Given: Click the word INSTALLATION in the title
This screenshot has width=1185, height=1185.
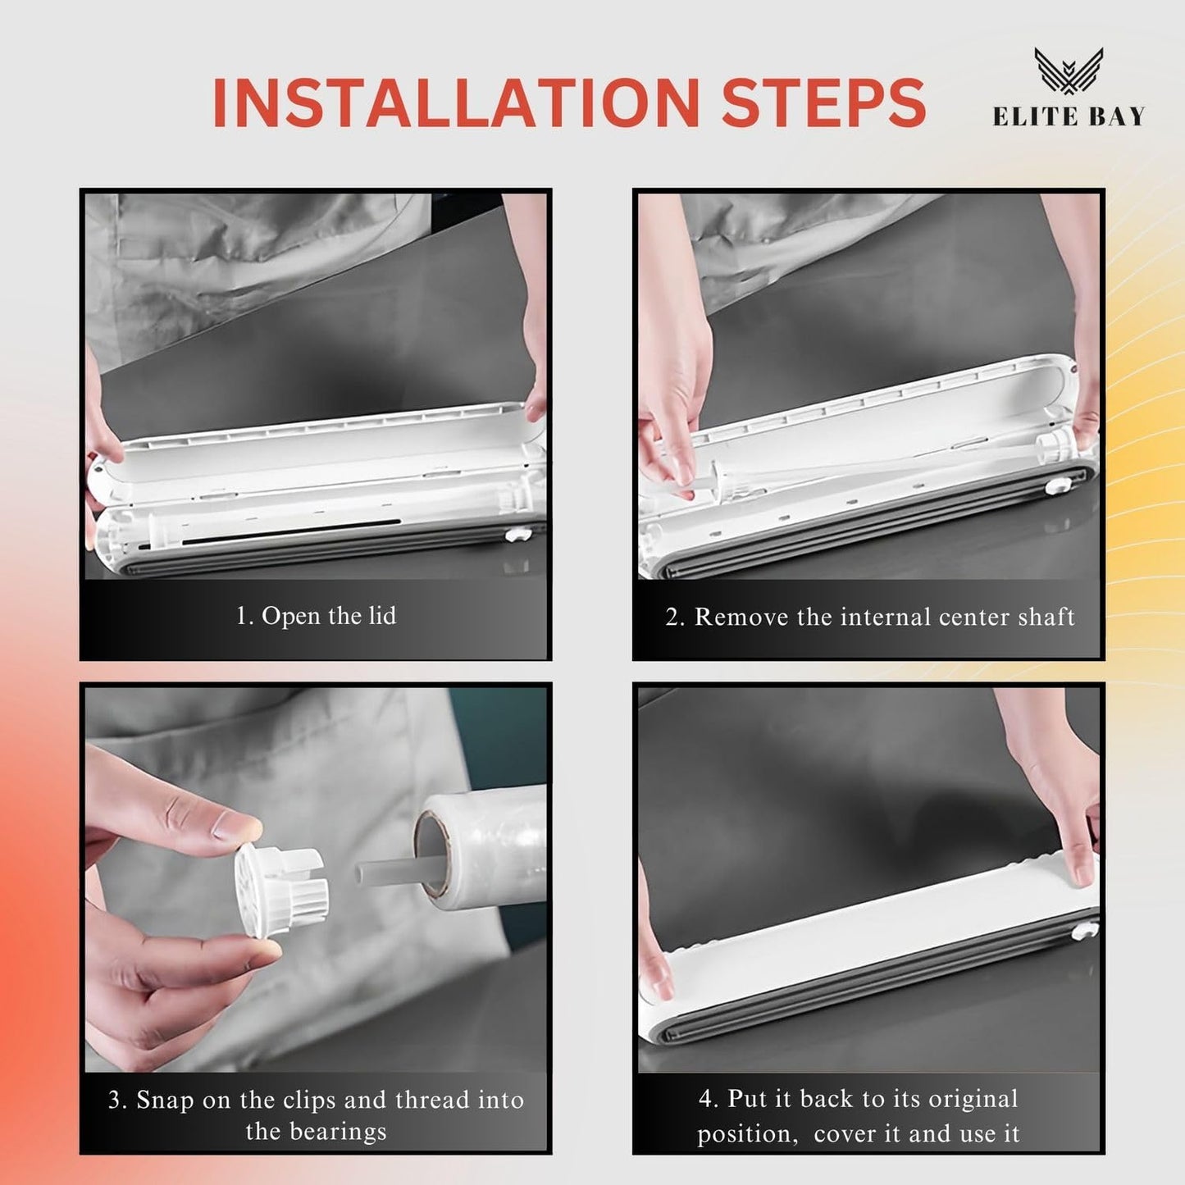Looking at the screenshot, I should click(454, 103).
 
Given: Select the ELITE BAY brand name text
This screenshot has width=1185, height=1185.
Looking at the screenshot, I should click(1069, 117).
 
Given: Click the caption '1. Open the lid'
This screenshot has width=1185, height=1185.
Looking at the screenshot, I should click(316, 616).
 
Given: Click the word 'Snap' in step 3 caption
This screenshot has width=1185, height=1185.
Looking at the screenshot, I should click(166, 1100).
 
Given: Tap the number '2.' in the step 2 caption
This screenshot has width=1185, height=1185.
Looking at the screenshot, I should click(674, 617).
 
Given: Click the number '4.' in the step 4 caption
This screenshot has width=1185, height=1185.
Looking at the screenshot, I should click(708, 1099).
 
